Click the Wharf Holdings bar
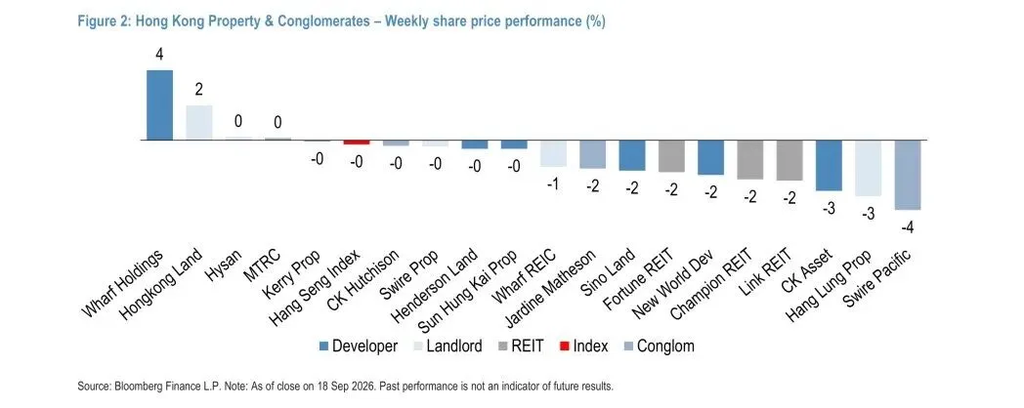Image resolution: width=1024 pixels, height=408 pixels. pyautogui.click(x=159, y=105)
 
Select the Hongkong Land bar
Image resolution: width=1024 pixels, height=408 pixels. pyautogui.click(x=199, y=123)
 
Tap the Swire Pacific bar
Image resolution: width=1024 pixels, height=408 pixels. pyautogui.click(x=907, y=175)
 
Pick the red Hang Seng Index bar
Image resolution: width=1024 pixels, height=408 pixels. pyautogui.click(x=357, y=143)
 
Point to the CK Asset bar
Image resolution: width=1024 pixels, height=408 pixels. pyautogui.click(x=829, y=166)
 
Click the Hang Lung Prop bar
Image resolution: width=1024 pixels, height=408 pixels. pyautogui.click(x=868, y=169)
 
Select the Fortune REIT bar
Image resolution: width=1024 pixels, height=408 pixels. pyautogui.click(x=671, y=156)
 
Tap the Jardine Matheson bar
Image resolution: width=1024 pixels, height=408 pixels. pyautogui.click(x=592, y=155)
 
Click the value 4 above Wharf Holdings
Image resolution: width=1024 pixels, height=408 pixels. pyautogui.click(x=159, y=54)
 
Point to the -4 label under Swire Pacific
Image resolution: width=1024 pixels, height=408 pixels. pyautogui.click(x=907, y=227)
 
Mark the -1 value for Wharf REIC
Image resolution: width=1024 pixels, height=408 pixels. pyautogui.click(x=552, y=184)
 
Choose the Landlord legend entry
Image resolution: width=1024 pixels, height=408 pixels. pyautogui.click(x=448, y=346)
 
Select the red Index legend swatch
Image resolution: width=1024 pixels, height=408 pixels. pyautogui.click(x=565, y=346)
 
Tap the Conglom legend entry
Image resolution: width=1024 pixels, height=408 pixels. pyautogui.click(x=659, y=346)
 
